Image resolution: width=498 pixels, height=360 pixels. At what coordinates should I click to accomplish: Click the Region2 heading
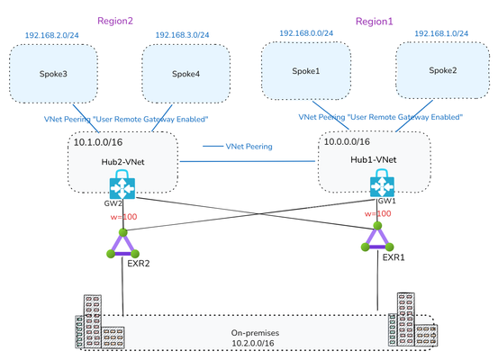pyautogui.click(x=115, y=21)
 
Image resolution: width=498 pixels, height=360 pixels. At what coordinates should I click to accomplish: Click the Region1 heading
pyautogui.click(x=374, y=22)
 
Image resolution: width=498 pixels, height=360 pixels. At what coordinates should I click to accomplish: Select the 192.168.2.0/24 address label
pyautogui.click(x=51, y=35)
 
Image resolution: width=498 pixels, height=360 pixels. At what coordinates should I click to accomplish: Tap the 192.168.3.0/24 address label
pyautogui.click(x=182, y=35)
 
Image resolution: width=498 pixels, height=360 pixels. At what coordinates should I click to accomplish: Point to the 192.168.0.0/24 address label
pyautogui.click(x=306, y=33)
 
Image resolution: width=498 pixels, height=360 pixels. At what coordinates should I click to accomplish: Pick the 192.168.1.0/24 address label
pyautogui.click(x=441, y=33)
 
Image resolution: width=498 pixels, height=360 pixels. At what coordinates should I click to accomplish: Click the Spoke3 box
pyautogui.click(x=53, y=74)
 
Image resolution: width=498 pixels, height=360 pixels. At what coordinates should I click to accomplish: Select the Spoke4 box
pyautogui.click(x=186, y=74)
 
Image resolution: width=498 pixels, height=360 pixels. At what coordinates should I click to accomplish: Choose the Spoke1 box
pyautogui.click(x=306, y=71)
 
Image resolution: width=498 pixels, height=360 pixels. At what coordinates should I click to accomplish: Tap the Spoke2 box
pyautogui.click(x=443, y=70)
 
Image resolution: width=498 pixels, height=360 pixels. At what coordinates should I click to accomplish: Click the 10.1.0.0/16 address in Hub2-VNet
pyautogui.click(x=98, y=142)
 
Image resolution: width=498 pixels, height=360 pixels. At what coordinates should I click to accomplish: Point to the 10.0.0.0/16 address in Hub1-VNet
pyautogui.click(x=347, y=141)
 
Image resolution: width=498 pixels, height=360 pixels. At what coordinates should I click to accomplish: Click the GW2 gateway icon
pyautogui.click(x=122, y=184)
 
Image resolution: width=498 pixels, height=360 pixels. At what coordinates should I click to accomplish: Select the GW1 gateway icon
pyautogui.click(x=382, y=184)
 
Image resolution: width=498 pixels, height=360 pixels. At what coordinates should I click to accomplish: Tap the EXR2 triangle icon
pyautogui.click(x=122, y=245)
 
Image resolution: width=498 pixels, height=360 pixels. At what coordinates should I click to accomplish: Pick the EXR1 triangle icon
pyautogui.click(x=377, y=238)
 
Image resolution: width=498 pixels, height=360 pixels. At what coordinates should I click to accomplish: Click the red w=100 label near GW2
pyautogui.click(x=123, y=217)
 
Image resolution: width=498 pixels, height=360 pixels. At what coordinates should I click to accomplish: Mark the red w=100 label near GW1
pyautogui.click(x=377, y=213)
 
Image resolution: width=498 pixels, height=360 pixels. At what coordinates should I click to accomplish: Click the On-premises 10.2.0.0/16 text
pyautogui.click(x=255, y=337)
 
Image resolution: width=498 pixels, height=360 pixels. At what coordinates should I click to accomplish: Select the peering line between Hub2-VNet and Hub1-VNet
pyautogui.click(x=248, y=161)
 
